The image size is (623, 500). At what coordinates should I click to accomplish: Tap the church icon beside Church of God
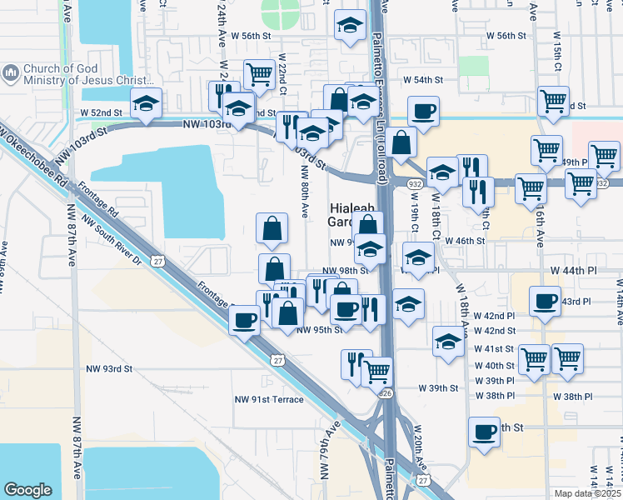(11, 74)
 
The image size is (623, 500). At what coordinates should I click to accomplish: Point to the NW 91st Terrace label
(269, 399)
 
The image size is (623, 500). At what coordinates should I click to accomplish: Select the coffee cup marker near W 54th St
(423, 110)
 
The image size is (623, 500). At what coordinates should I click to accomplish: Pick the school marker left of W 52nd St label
(147, 102)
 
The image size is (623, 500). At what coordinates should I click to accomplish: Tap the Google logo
(27, 489)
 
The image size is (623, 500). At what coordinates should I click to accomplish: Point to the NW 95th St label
(320, 329)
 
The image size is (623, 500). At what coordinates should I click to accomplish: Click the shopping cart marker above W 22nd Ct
(260, 74)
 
